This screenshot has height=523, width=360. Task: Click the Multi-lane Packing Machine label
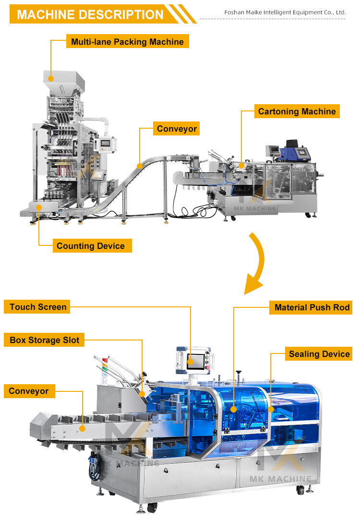pos(127,41)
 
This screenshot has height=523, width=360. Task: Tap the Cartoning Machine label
pos(297,111)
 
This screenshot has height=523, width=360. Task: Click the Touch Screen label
pos(37,306)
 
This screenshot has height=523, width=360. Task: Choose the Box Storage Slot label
pos(44,340)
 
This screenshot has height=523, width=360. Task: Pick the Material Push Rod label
pos(311,307)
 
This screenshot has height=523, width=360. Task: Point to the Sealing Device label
pos(319,354)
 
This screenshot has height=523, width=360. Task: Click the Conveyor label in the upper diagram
pos(176,128)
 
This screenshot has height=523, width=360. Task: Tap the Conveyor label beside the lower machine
pos(29,391)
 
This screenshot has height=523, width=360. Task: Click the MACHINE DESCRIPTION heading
pos(90,14)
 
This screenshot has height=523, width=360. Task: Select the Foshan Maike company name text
pos(285,12)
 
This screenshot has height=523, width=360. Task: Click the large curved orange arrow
pos(256,264)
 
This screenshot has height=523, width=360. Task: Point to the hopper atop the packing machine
pos(64,82)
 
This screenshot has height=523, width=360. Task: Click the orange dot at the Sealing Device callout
pos(271,409)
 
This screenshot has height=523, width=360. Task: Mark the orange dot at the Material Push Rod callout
pos(234,409)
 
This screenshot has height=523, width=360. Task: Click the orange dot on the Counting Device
pos(39,207)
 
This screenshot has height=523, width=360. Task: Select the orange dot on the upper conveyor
pos(140,166)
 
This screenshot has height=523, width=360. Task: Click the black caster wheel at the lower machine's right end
pos(300,490)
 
